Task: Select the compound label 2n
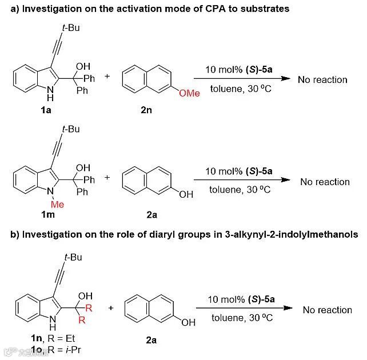pyautogui.click(x=146, y=110)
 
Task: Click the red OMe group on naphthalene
pyautogui.click(x=189, y=93)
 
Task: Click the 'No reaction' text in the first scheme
pyautogui.click(x=322, y=80)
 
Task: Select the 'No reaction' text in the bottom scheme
pyautogui.click(x=327, y=310)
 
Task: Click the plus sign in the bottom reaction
pyautogui.click(x=110, y=308)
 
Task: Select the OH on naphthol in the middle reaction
pyautogui.click(x=186, y=195)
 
